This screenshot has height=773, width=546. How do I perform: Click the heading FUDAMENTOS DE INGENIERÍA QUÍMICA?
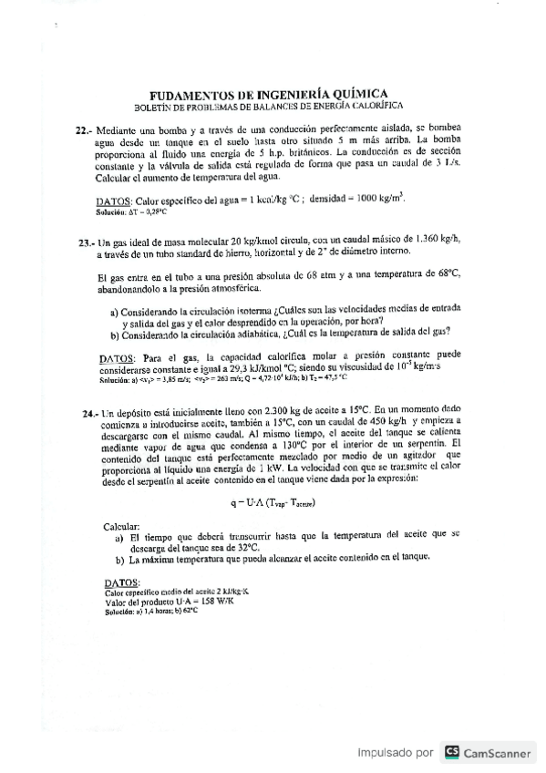[267, 93]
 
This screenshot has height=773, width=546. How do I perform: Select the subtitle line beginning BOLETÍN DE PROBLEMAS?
[267, 106]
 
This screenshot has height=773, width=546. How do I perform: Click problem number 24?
[90, 414]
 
